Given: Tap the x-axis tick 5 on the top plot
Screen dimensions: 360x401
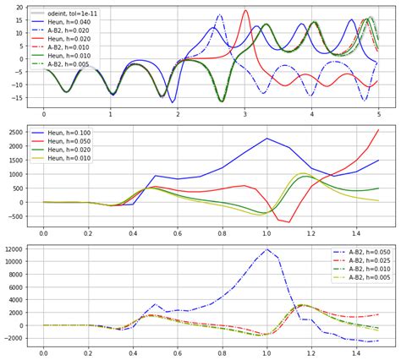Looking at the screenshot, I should click(x=378, y=113).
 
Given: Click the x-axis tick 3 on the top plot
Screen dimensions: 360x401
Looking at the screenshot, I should click(x=244, y=113).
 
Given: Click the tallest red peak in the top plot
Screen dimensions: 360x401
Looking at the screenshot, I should click(x=245, y=11).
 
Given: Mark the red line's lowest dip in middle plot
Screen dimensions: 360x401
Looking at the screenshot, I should click(x=289, y=222).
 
